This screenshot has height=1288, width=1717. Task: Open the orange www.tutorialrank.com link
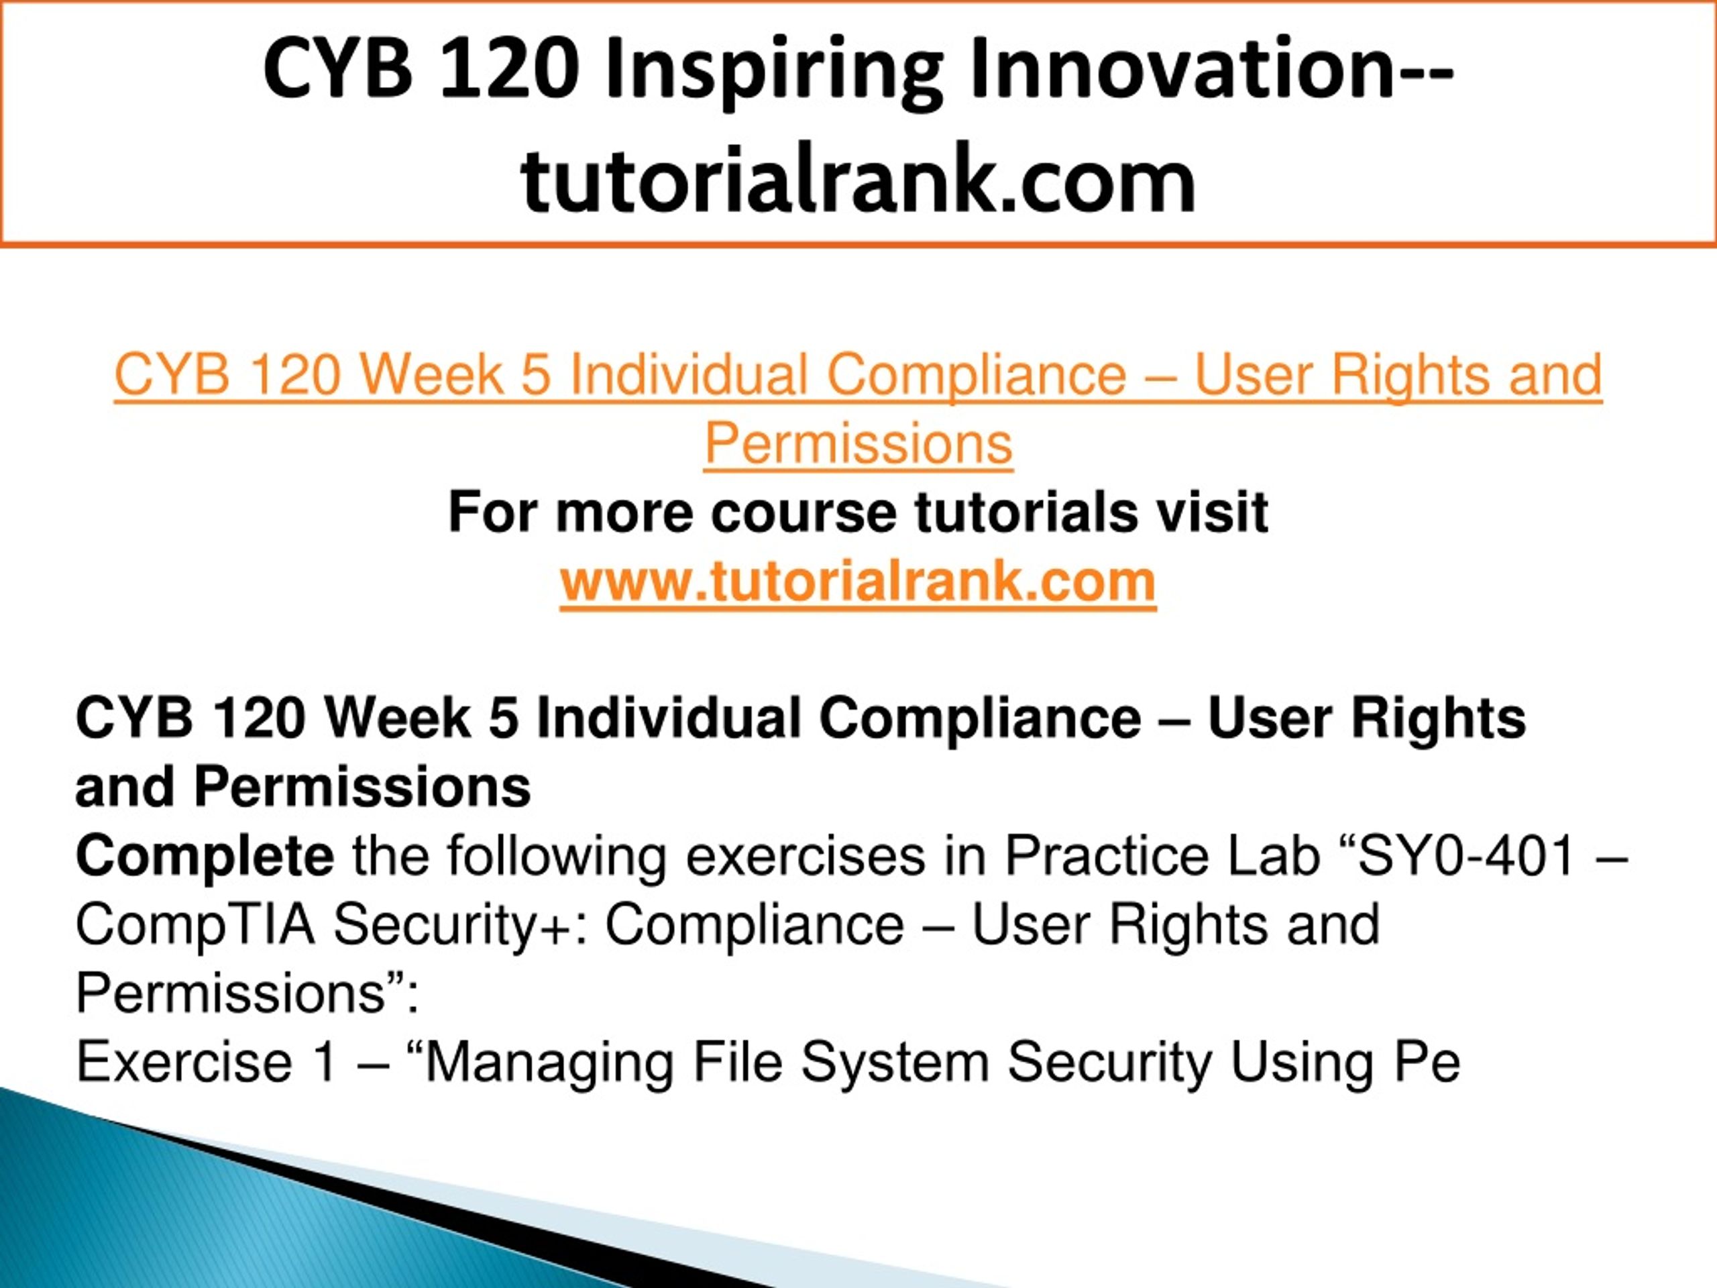858,581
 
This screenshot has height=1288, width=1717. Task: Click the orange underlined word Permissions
858,443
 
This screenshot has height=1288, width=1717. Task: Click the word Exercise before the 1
184,1062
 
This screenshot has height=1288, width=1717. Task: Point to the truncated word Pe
1426,1062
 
